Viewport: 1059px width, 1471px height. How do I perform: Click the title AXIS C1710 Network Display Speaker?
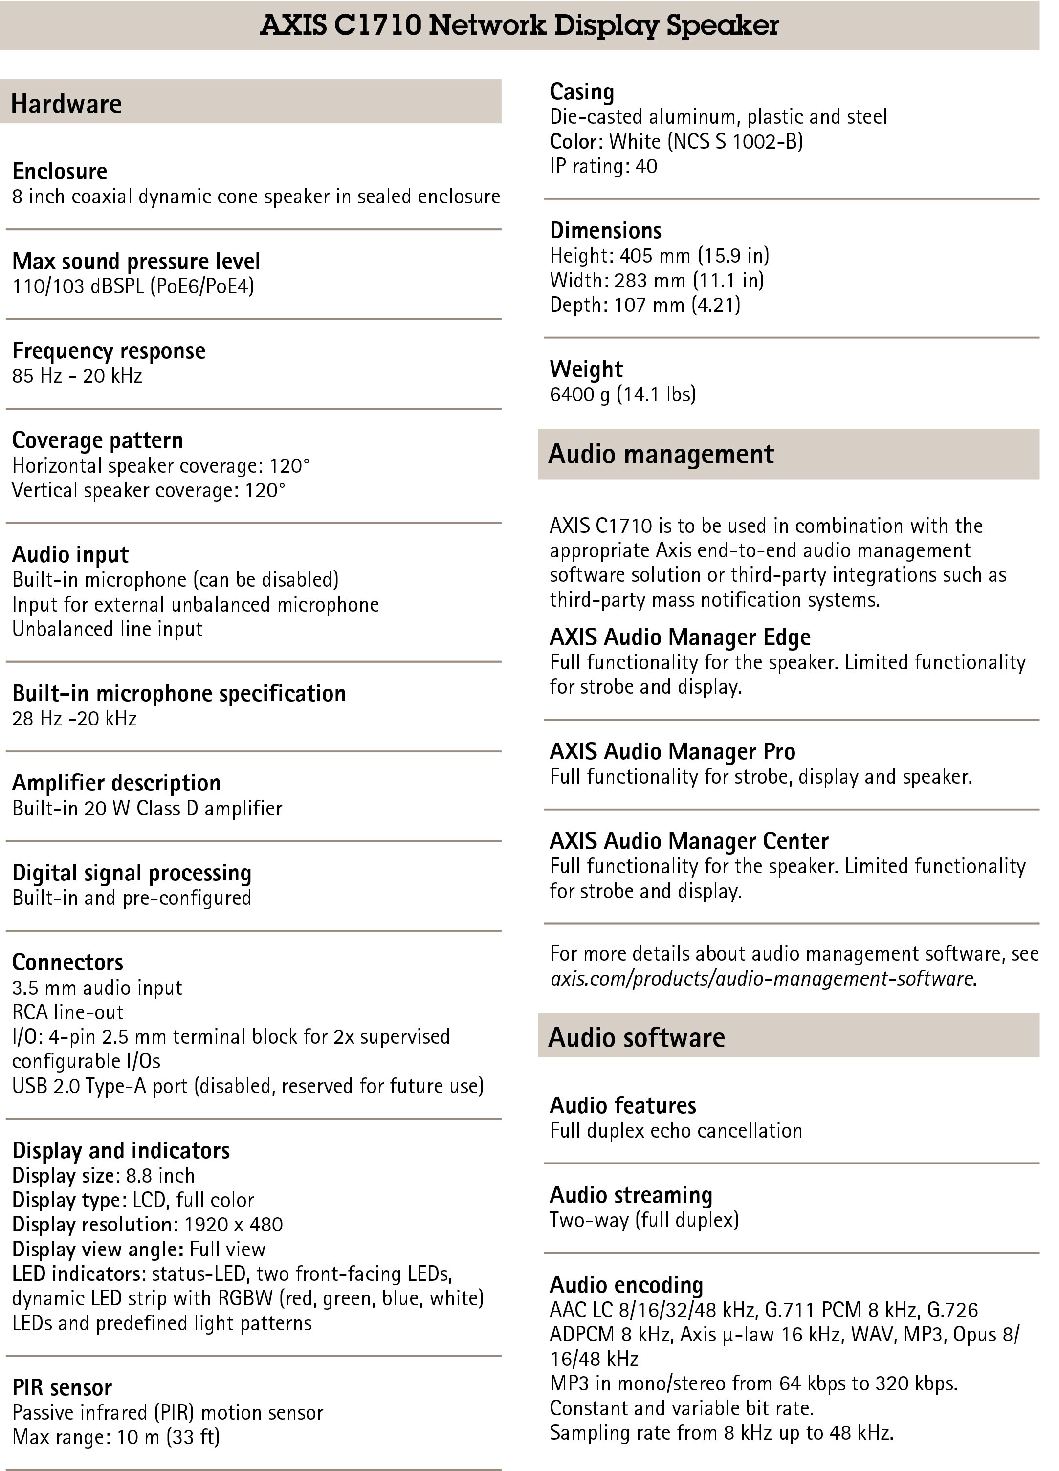[x=519, y=25]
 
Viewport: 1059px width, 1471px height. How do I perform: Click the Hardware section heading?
[x=66, y=104]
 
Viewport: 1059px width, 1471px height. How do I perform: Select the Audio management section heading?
[x=661, y=454]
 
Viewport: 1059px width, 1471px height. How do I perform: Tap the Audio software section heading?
[x=636, y=1038]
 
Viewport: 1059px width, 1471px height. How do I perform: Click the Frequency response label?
[x=109, y=351]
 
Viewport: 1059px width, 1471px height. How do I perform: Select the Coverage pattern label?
[x=97, y=440]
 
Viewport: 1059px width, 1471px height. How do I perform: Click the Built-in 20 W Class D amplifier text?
[x=147, y=808]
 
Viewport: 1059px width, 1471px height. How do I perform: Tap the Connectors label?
[x=67, y=962]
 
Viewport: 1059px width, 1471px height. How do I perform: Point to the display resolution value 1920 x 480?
[x=234, y=1225]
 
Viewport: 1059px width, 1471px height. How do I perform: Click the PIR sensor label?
[x=62, y=1387]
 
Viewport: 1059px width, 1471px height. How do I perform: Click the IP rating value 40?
[x=646, y=166]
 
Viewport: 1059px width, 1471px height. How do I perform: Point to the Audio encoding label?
[x=626, y=1285]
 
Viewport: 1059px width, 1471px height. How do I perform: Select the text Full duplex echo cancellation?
[x=676, y=1130]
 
